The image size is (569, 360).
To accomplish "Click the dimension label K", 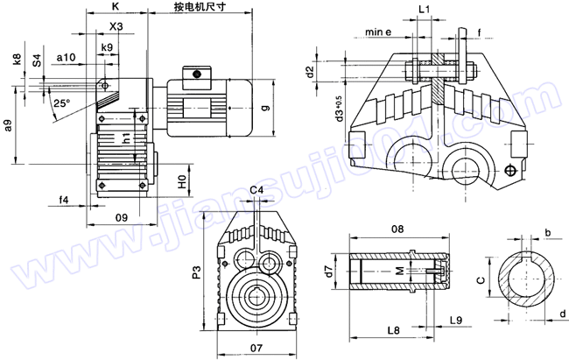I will coord(116,7).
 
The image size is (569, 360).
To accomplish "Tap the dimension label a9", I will coord(8,125).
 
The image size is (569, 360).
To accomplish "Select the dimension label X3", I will coord(116,27).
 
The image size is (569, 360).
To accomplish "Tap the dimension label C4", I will coord(256,190).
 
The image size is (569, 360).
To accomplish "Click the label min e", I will coord(378,33).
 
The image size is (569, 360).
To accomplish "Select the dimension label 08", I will coord(397,229).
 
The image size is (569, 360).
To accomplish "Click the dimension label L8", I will coord(393,330).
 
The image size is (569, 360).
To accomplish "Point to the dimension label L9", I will coord(455,321).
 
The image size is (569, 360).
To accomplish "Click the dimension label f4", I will coord(63,201).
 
